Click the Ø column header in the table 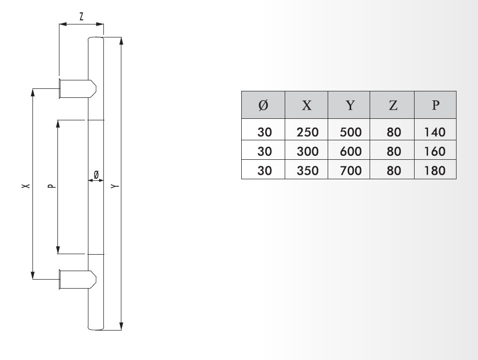tap(263, 105)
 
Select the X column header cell tap(307, 105)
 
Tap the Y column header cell tap(350, 105)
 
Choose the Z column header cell tap(393, 105)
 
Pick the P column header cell tap(436, 105)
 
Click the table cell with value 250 tap(307, 133)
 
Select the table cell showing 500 tap(350, 133)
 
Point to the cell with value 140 tap(434, 133)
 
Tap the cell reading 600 tap(350, 151)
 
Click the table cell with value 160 tap(434, 151)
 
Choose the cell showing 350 tap(307, 170)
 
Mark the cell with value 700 tap(350, 170)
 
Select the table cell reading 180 tap(434, 170)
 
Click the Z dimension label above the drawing tap(81, 16)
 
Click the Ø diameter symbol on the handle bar tap(96, 174)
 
